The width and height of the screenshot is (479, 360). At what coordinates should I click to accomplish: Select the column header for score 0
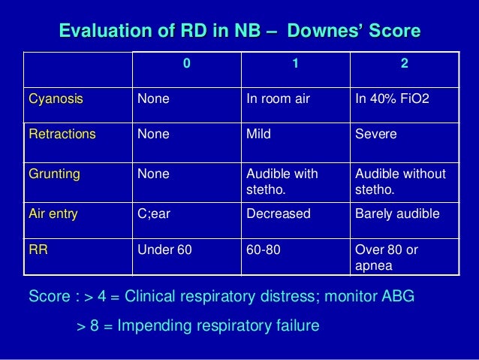[187, 65]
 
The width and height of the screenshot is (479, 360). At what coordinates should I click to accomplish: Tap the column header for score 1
[295, 65]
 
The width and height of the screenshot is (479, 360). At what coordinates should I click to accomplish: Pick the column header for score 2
[405, 65]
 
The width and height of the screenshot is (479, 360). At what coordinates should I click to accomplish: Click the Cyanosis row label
[56, 98]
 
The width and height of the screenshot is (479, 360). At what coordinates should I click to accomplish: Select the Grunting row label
[54, 174]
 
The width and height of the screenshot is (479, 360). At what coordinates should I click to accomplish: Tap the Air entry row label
[53, 213]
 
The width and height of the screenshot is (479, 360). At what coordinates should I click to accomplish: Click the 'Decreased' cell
[279, 213]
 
